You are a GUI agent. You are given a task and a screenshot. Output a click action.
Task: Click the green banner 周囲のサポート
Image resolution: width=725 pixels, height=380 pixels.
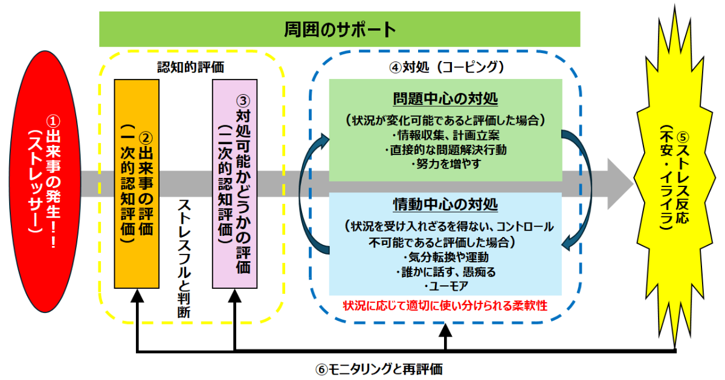[340, 29]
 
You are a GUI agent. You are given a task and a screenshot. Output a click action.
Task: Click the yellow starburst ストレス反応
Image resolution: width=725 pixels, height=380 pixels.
[674, 181]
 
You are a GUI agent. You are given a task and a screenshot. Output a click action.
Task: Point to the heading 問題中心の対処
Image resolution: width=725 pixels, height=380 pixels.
[445, 99]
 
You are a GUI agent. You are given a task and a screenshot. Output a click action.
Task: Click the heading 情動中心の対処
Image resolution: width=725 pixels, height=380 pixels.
[445, 204]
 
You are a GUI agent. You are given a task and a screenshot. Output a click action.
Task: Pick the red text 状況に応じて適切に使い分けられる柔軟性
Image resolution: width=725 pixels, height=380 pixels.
[445, 305]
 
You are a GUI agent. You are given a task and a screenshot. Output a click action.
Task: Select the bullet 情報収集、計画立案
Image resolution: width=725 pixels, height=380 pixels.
[445, 134]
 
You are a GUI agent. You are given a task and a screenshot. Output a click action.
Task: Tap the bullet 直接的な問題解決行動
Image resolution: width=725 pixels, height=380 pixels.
[445, 149]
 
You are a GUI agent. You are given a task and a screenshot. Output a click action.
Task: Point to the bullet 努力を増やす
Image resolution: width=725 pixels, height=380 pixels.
[445, 163]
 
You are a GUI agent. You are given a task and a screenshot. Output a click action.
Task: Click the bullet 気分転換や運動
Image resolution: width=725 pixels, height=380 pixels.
[445, 258]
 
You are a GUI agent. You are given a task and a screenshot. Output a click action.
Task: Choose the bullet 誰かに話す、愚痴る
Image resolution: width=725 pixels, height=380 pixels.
[445, 271]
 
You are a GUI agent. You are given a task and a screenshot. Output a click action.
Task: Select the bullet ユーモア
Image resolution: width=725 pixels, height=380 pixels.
[445, 285]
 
